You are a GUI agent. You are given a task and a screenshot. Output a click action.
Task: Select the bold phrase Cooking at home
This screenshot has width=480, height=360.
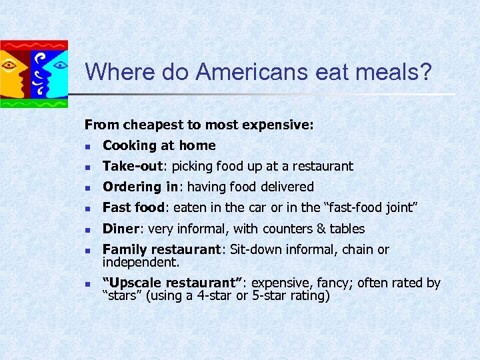point(159,145)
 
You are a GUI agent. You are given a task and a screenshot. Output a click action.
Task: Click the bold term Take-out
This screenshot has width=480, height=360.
point(133,166)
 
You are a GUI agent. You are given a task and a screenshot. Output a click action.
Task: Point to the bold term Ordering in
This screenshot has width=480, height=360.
point(140,187)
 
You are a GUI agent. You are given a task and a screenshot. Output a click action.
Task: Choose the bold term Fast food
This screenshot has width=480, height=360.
point(133,207)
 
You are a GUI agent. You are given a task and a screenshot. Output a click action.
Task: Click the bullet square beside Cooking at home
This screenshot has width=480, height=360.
point(87,146)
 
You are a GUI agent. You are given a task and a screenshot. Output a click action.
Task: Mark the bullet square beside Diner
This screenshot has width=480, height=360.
point(87,229)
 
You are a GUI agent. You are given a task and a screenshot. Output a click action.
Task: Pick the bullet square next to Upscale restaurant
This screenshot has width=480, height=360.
point(87,283)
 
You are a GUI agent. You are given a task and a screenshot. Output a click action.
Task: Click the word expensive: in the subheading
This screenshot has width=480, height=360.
point(281,124)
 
